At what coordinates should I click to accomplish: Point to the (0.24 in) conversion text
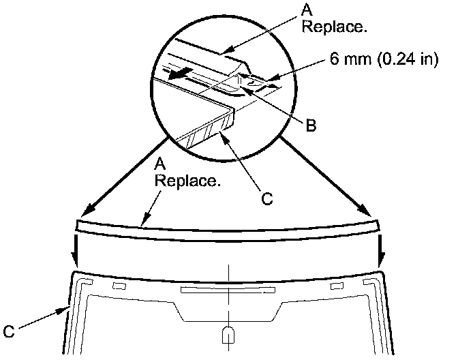click(406, 60)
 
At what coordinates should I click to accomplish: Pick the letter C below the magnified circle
click(267, 199)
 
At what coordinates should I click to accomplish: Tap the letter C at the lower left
click(9, 331)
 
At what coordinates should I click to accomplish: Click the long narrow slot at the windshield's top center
click(228, 290)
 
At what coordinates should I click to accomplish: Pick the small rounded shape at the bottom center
click(228, 335)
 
